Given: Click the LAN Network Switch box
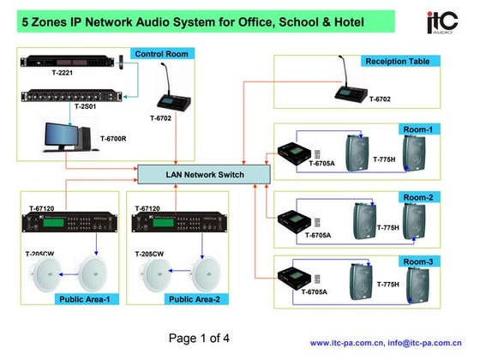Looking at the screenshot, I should tap(205, 175).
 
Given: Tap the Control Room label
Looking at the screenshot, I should tap(161, 53).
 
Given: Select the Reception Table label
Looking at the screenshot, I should tap(402, 61).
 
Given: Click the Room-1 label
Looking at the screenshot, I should tap(417, 129).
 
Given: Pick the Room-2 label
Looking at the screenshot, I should tap(417, 197).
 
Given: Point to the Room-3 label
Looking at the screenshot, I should tap(417, 261).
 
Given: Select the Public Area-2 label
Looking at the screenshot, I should tap(193, 299).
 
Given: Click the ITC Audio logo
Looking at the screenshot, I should tap(443, 23).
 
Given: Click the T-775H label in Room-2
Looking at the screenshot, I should tap(388, 228).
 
